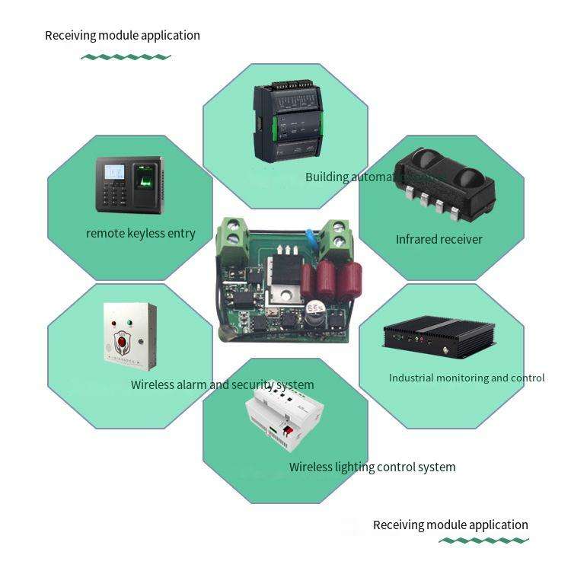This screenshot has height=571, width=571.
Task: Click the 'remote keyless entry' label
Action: [x=141, y=233]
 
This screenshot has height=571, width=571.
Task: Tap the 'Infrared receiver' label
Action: [x=439, y=239]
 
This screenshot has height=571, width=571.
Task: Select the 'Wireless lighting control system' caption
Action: [x=372, y=467]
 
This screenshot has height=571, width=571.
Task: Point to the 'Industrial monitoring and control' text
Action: [x=467, y=378]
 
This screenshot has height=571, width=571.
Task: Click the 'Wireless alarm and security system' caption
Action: [x=222, y=384]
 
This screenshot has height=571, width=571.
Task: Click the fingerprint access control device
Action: [x=129, y=185]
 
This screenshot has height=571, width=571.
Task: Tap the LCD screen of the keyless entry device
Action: [x=114, y=174]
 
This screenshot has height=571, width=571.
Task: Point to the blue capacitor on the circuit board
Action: [x=311, y=238]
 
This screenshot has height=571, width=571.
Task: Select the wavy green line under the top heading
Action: [x=126, y=57]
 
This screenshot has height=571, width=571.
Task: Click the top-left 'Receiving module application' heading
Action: [x=123, y=35]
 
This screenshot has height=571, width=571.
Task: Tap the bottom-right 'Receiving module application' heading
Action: [x=450, y=525]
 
